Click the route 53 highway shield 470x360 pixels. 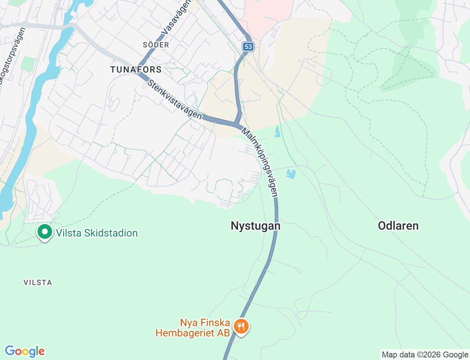248,46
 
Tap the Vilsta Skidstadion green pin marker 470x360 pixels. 45,232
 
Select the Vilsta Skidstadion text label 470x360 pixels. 97,233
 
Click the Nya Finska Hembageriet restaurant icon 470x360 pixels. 241,326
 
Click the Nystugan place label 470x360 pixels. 256,226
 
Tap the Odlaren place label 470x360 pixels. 398,226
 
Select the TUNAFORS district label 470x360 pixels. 136,69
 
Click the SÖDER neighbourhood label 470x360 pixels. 156,45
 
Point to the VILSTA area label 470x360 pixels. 38,282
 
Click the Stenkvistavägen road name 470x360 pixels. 175,99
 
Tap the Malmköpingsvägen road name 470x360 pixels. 260,162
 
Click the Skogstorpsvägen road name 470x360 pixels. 11,55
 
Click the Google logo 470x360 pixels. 25,351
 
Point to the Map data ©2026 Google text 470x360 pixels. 425,354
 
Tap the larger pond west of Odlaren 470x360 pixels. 291,174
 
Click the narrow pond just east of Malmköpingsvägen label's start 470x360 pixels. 277,132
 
